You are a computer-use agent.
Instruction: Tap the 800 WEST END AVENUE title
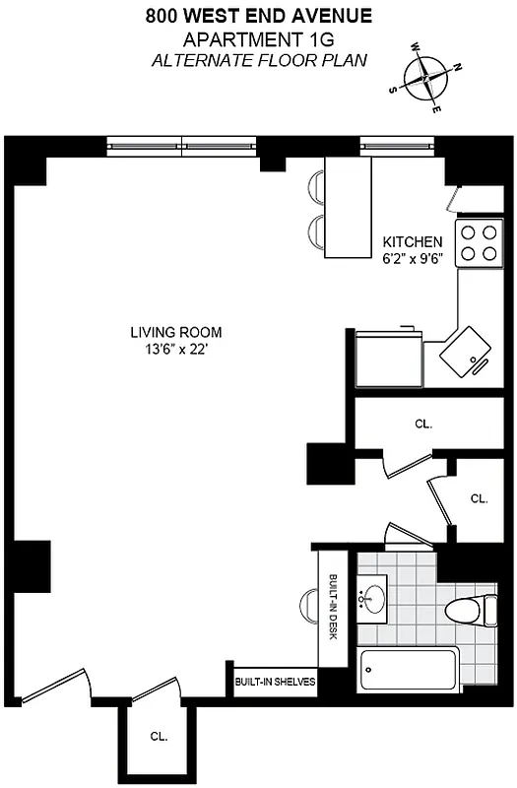click(260, 16)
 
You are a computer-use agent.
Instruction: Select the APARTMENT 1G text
click(260, 39)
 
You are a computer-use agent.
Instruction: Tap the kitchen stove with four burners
click(480, 243)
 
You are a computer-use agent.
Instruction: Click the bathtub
click(409, 670)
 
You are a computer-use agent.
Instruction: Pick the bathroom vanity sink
click(372, 597)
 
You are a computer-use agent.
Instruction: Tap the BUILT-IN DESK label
click(333, 607)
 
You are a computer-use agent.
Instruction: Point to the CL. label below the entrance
click(158, 736)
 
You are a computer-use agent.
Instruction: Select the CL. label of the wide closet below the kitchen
click(423, 425)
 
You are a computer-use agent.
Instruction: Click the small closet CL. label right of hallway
click(479, 498)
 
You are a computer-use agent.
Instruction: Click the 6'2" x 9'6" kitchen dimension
click(413, 261)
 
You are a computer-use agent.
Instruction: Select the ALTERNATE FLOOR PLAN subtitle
click(260, 61)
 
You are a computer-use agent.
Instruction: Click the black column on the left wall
click(31, 566)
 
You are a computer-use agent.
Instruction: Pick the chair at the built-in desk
click(308, 601)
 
